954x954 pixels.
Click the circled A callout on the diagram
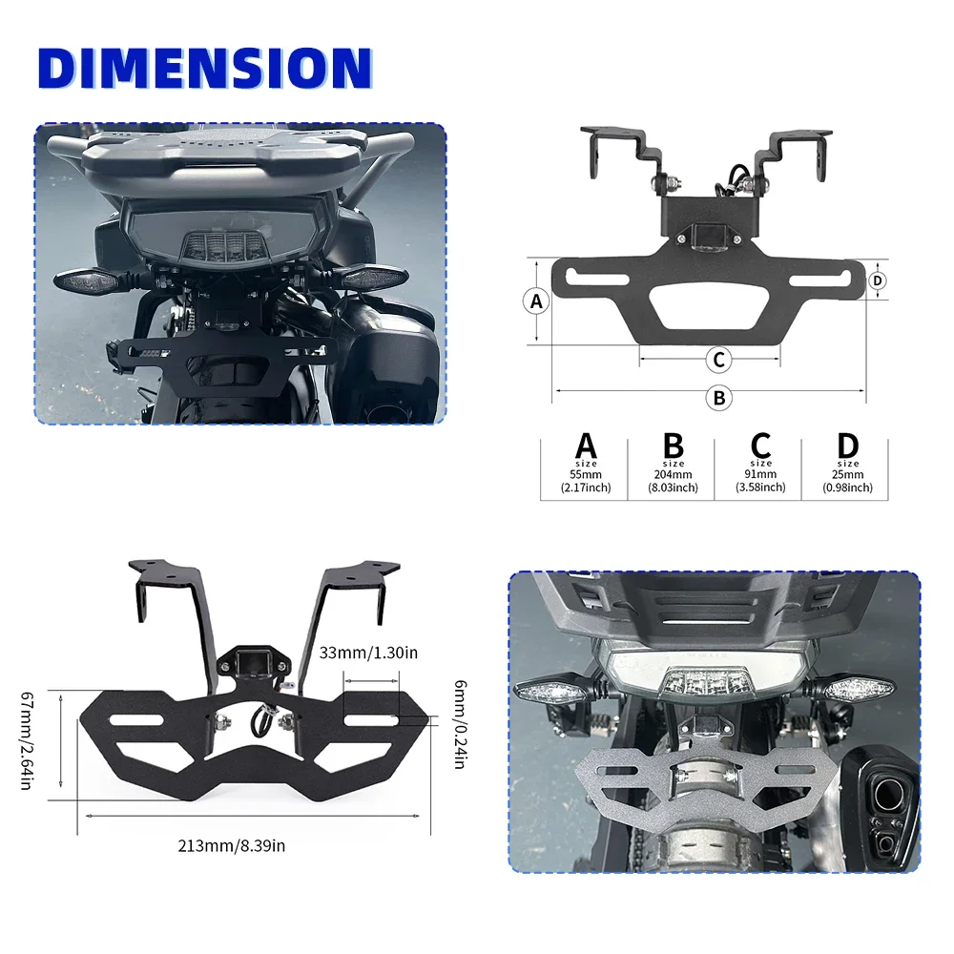pyautogui.click(x=536, y=301)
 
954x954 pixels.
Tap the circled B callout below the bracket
pyautogui.click(x=719, y=397)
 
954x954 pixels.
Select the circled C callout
pyautogui.click(x=719, y=360)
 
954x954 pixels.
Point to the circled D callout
pyautogui.click(x=879, y=280)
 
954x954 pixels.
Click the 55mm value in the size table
pyautogui.click(x=586, y=474)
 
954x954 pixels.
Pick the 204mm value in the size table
pyautogui.click(x=674, y=474)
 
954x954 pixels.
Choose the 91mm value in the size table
pyautogui.click(x=760, y=474)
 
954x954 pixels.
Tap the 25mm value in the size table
pyautogui.click(x=847, y=474)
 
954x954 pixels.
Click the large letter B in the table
pyautogui.click(x=674, y=446)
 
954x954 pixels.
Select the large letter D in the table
pyautogui.click(x=847, y=446)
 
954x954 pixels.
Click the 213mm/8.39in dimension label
pyautogui.click(x=232, y=844)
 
